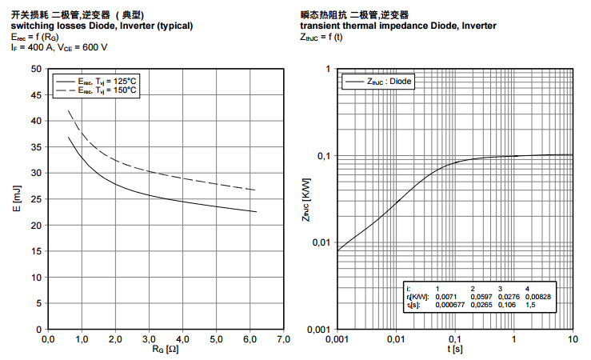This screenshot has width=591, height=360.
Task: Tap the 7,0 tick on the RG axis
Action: tap(283, 341)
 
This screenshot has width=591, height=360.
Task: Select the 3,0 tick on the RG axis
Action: tap(149, 341)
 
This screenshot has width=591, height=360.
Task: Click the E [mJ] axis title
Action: tap(16, 199)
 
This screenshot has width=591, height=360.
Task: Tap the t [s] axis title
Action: tap(454, 351)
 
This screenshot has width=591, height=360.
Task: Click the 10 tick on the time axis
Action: tap(573, 341)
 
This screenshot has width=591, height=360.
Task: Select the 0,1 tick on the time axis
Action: tap(455, 341)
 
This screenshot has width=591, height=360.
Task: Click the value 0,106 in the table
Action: tap(503, 306)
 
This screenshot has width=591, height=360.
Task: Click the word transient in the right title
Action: tap(319, 26)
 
